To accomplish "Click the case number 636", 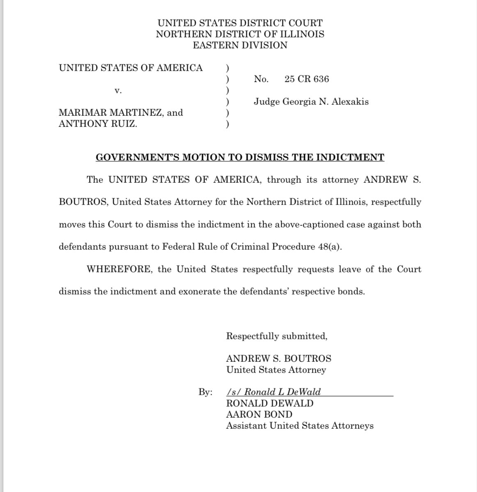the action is click(x=321, y=79).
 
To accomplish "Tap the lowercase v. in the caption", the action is click(x=118, y=91).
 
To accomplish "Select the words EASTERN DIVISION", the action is click(x=240, y=45).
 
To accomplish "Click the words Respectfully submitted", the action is click(x=277, y=336).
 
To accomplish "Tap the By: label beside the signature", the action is click(x=205, y=392).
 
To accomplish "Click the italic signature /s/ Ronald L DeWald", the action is click(x=274, y=392).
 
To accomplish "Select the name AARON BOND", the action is click(x=259, y=414).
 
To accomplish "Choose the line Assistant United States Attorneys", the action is click(x=300, y=425).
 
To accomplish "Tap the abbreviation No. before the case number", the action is click(x=261, y=79).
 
